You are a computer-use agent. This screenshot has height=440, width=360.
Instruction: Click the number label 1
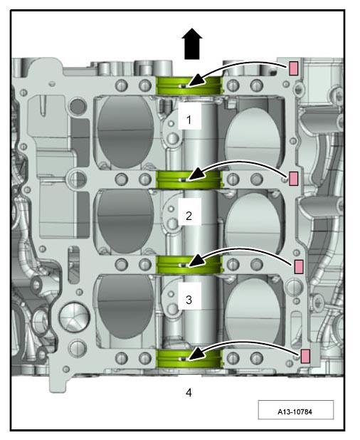tap(189, 120)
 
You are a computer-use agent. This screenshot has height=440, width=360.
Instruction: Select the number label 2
tap(189, 216)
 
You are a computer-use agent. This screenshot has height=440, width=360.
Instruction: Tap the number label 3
tap(189, 300)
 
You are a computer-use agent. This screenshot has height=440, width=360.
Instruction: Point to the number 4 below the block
tap(189, 392)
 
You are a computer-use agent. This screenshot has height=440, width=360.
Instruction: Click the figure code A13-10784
tap(295, 412)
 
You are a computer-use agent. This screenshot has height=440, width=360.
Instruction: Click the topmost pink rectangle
tap(293, 68)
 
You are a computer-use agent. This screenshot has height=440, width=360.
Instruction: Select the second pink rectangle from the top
tap(293, 179)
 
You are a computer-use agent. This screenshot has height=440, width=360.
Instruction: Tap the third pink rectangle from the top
tap(299, 266)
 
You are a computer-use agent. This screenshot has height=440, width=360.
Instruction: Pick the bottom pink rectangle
tap(305, 356)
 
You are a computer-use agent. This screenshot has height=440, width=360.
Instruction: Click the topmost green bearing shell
tap(189, 85)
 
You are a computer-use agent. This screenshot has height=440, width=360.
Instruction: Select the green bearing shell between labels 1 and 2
tap(189, 179)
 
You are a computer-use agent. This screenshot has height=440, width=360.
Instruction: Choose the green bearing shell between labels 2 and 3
tap(189, 265)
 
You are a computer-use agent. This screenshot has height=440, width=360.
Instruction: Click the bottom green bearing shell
tap(189, 358)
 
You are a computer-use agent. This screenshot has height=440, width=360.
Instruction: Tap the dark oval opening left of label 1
tap(125, 132)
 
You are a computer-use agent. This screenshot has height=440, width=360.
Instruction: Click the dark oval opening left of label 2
tap(125, 221)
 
